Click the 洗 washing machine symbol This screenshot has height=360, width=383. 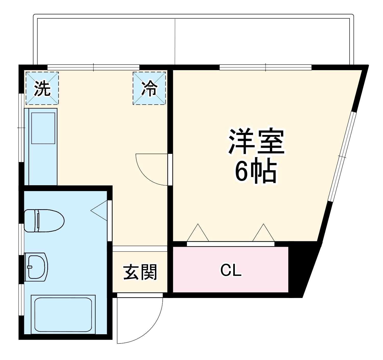(x=42, y=88)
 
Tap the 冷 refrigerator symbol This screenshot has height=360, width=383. (x=149, y=88)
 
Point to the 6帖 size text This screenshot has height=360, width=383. (x=256, y=172)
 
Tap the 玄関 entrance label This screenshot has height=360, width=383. (x=140, y=272)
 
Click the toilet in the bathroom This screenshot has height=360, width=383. (x=44, y=220)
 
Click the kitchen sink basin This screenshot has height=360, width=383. (x=43, y=129)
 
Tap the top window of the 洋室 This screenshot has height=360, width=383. (x=266, y=67)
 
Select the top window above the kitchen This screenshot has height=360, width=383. (x=93, y=67)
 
